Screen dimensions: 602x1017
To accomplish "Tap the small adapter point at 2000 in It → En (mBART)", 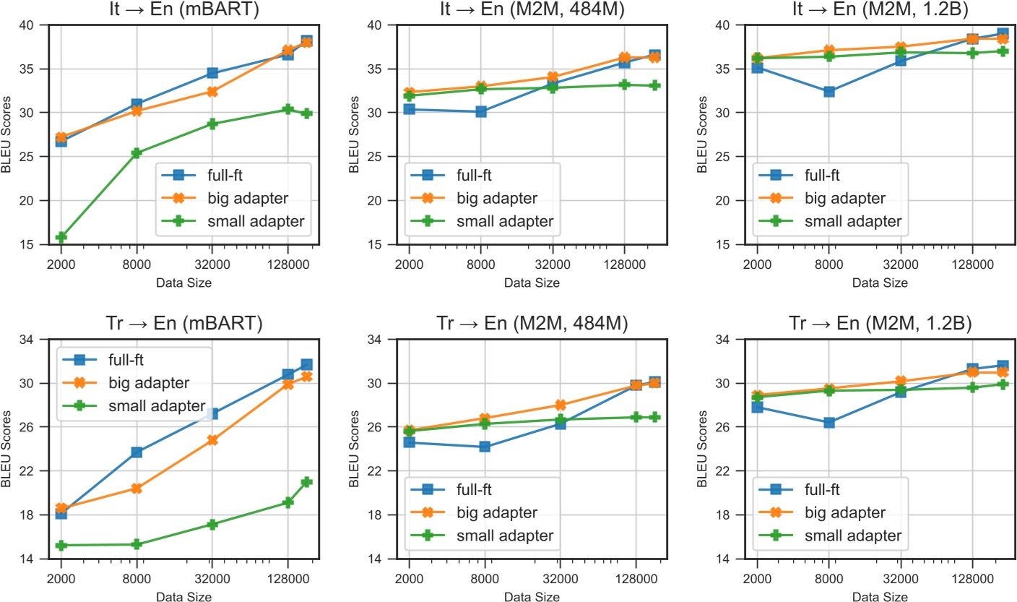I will (x=61, y=237).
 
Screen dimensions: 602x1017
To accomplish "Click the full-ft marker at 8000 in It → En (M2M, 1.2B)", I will (x=829, y=92).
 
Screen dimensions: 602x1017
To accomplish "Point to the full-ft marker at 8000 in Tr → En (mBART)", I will (x=137, y=452).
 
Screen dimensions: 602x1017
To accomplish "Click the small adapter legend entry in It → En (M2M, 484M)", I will (x=506, y=220).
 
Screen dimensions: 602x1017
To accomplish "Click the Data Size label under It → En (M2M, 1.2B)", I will (x=880, y=283).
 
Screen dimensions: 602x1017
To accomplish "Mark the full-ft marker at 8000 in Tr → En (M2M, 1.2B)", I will (x=829, y=423).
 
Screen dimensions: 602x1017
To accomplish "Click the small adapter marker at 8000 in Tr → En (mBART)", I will (x=137, y=544).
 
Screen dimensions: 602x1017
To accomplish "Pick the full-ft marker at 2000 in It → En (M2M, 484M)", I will (x=409, y=109).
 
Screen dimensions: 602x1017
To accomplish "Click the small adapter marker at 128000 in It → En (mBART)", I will (x=287, y=109).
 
